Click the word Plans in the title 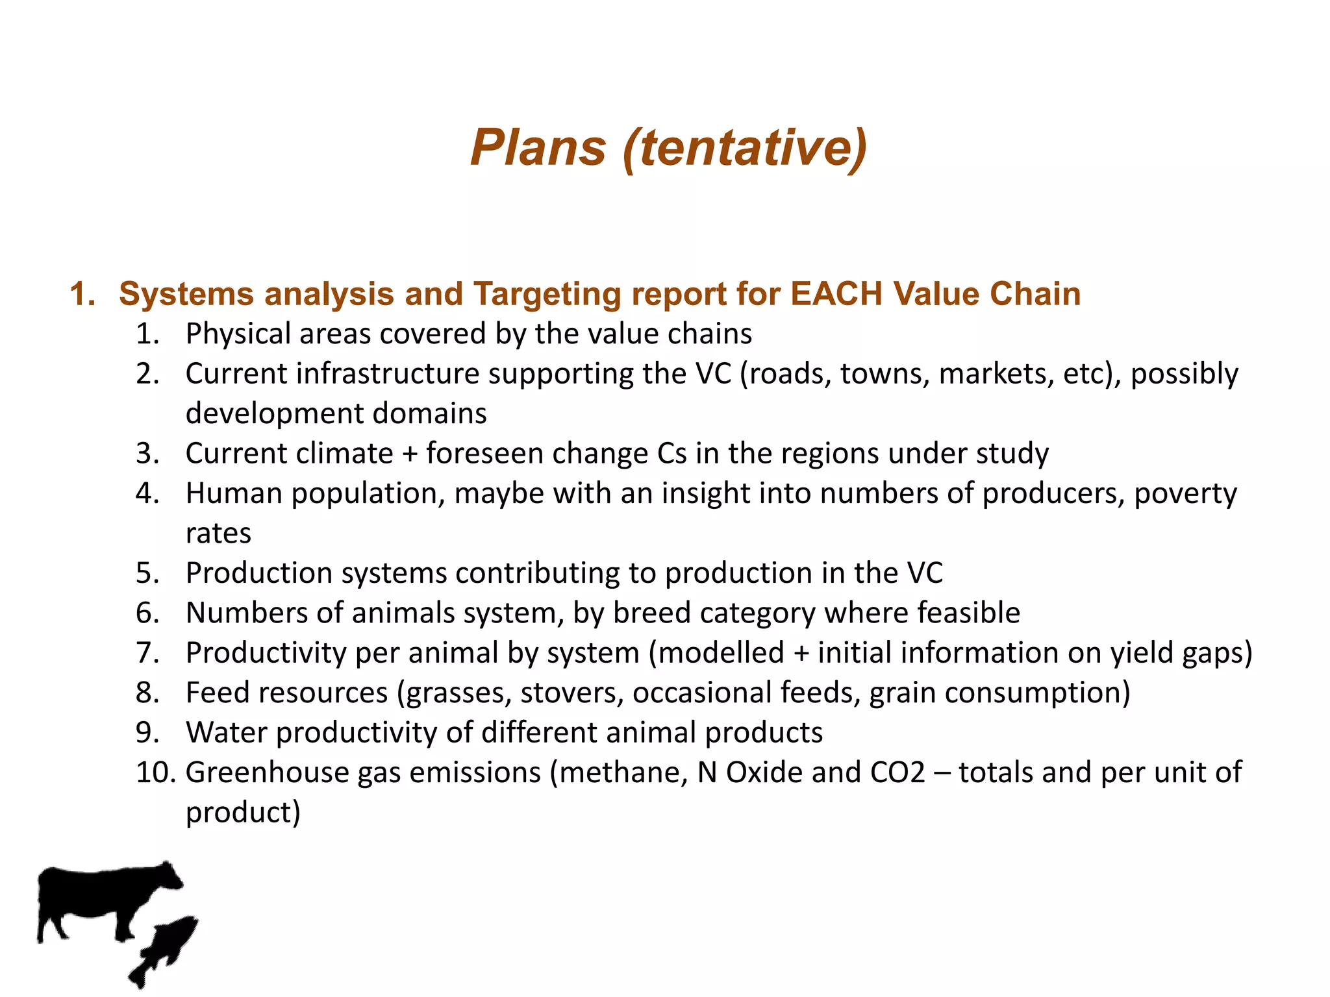click(538, 148)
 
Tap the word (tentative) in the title click(744, 148)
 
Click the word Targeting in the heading click(547, 295)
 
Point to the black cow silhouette click(104, 900)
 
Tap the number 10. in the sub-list click(156, 772)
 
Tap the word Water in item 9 click(227, 733)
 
